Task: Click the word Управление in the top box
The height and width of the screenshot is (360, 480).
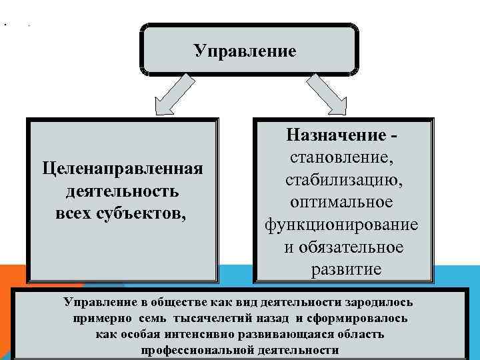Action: point(245,51)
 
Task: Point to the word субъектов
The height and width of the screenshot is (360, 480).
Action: point(148,214)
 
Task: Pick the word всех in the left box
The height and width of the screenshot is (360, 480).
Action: point(75,214)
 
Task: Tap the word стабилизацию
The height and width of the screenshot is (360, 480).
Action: point(342,180)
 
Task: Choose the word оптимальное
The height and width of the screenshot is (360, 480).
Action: point(342,202)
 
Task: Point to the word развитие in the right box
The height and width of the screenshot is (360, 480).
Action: point(346,269)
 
